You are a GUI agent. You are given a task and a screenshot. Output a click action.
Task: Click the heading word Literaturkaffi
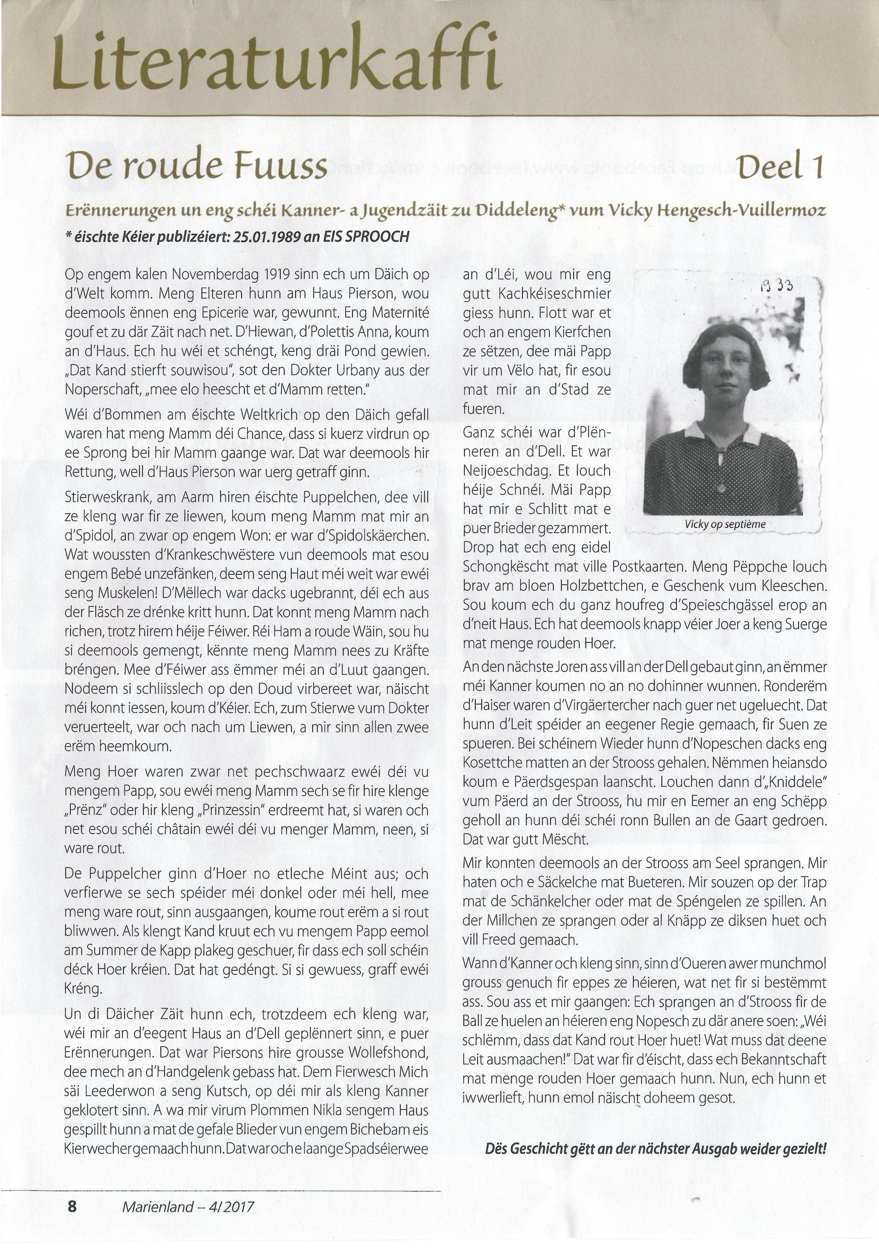pyautogui.click(x=275, y=57)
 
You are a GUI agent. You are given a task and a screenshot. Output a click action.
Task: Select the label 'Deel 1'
pyautogui.click(x=780, y=166)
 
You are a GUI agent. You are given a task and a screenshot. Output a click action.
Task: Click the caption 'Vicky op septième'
pyautogui.click(x=725, y=524)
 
